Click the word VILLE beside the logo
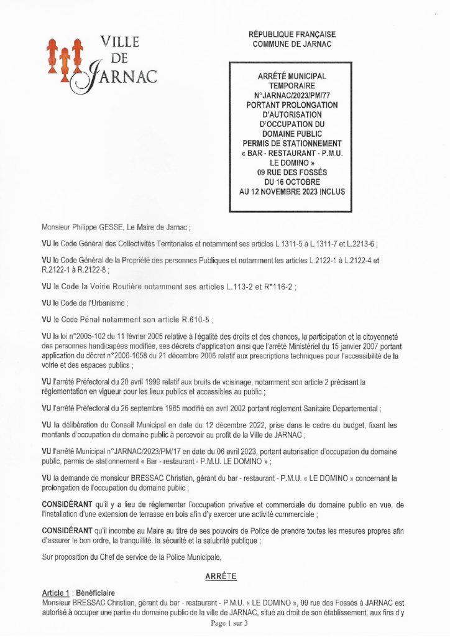[119, 43]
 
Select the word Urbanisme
[106, 304]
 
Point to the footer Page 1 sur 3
[229, 623]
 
